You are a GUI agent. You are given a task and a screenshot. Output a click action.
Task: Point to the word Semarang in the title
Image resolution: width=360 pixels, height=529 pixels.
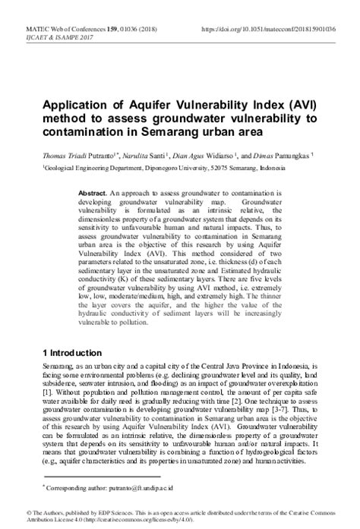[209, 132]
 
